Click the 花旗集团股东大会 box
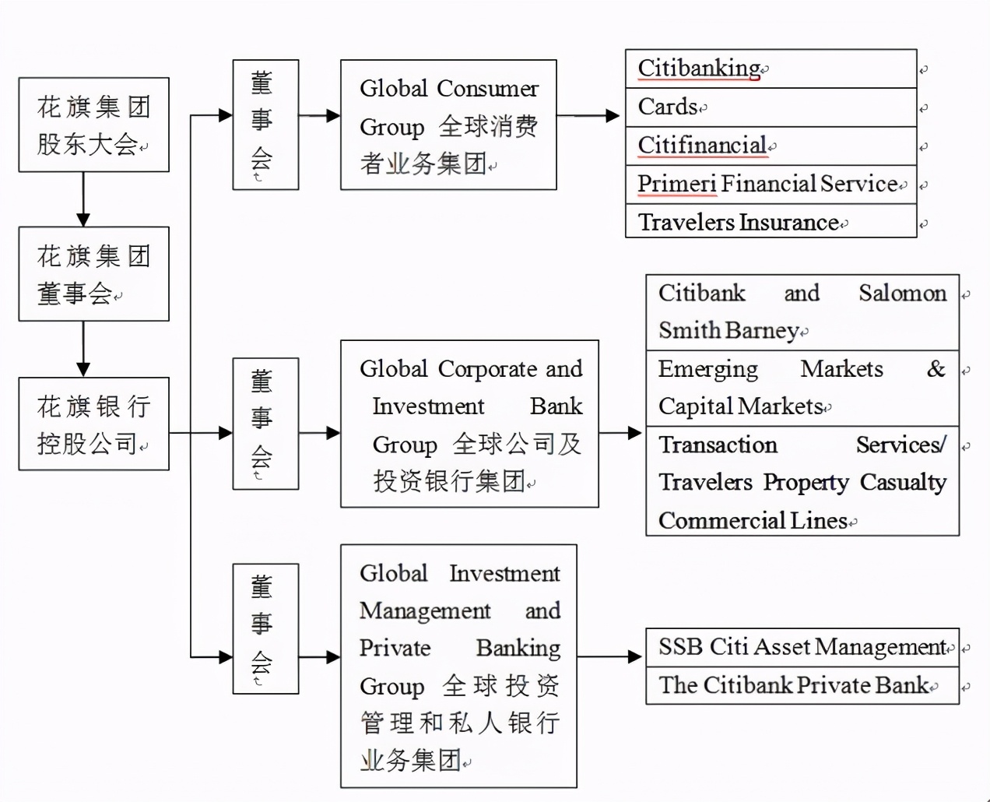(93, 125)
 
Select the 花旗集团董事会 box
(93, 274)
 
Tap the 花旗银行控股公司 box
(93, 424)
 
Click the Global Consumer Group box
(448, 125)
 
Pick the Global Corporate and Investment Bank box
(469, 424)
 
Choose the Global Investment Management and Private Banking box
(458, 666)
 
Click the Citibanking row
(771, 69)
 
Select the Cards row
(771, 107)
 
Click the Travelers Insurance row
(771, 222)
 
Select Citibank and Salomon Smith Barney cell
(802, 311)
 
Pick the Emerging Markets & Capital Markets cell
(802, 387)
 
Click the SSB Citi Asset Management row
(802, 647)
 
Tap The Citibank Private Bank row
(802, 685)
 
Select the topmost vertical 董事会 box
(265, 125)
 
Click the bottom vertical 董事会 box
(265, 628)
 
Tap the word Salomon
(902, 294)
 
